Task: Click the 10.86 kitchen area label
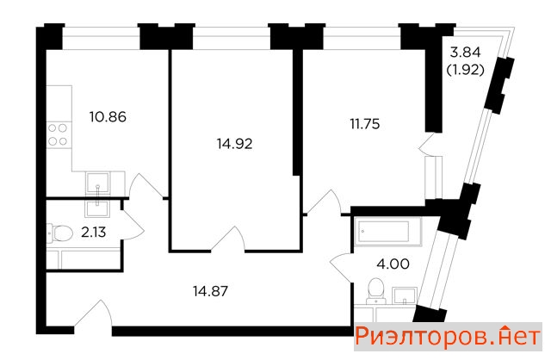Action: pos(108,117)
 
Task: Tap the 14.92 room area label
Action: pos(234,144)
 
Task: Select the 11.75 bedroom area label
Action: pos(365,124)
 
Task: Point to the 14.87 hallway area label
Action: pos(210,291)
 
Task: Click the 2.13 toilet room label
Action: pos(94,233)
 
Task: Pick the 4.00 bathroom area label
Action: pos(393,264)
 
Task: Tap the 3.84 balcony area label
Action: pos(465,53)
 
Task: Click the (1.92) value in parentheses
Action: pos(465,71)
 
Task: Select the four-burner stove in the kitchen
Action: pos(58,134)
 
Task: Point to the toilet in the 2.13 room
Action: pos(59,233)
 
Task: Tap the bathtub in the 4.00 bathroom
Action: pos(387,232)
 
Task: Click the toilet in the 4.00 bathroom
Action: pos(375,291)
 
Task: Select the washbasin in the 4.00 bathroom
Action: pos(405,295)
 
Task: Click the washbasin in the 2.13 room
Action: pos(97,208)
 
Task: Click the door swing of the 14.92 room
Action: pos(228,239)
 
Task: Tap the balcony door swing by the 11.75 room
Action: pos(427,144)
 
